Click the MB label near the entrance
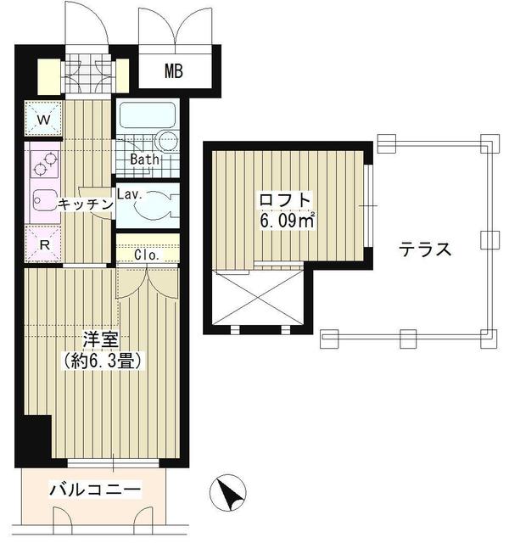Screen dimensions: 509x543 pyautogui.click(x=173, y=71)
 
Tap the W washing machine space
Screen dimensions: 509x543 pyautogui.click(x=43, y=119)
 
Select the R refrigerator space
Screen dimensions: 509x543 pyautogui.click(x=43, y=244)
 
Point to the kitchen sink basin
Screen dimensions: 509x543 pyautogui.click(x=44, y=201)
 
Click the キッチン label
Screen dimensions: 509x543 pyautogui.click(x=86, y=204)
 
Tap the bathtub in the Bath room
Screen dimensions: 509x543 pyautogui.click(x=147, y=115)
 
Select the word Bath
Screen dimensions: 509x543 pyautogui.click(x=145, y=160)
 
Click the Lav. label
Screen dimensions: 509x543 pyautogui.click(x=130, y=194)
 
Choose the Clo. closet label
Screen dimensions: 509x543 pyautogui.click(x=147, y=255)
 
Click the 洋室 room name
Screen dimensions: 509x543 pyautogui.click(x=101, y=340)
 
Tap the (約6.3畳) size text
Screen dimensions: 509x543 pyautogui.click(x=103, y=361)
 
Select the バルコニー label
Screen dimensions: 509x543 pyautogui.click(x=95, y=490)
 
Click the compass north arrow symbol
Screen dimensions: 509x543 pyautogui.click(x=228, y=493)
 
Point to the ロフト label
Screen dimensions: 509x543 pyautogui.click(x=285, y=200)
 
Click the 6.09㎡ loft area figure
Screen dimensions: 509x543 pyautogui.click(x=287, y=221)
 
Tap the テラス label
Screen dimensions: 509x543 pyautogui.click(x=425, y=249)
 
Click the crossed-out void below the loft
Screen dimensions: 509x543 pyautogui.click(x=258, y=298)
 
